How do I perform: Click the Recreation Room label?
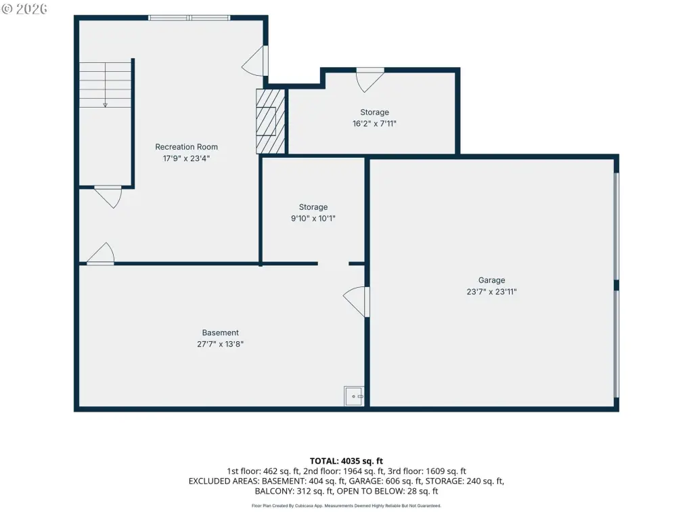(186, 147)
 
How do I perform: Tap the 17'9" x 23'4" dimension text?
(186, 158)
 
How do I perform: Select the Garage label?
(491, 280)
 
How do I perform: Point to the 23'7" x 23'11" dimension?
(491, 292)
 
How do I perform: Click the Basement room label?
(220, 332)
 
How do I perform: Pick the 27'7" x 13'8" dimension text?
(220, 344)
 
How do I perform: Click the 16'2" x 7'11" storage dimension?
(374, 124)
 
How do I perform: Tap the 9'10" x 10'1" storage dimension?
(313, 219)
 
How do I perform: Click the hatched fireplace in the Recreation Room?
(271, 122)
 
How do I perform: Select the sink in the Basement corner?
(354, 396)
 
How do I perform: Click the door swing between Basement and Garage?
(356, 301)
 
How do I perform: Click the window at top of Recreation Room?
(189, 18)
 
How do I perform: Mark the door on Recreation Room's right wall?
(255, 60)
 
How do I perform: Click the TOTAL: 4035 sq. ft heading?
(346, 461)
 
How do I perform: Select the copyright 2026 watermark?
(24, 9)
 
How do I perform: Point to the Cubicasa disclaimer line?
(346, 506)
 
